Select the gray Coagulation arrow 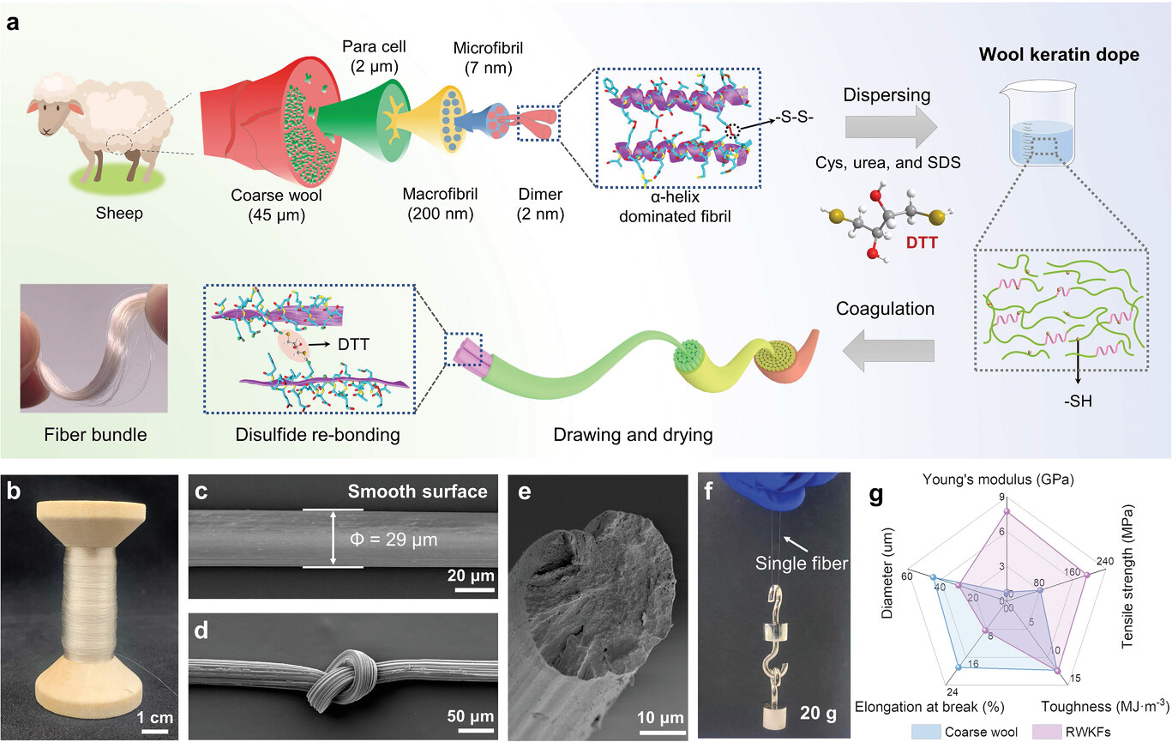pos(888,350)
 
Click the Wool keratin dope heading pos(1059,54)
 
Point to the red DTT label pos(922,243)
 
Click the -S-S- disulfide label pos(794,118)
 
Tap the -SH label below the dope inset pos(1078,401)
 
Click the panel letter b pos(14,492)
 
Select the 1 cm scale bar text pos(155,717)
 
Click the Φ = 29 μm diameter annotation pos(394,540)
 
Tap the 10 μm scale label pos(660,717)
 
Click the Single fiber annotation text pos(801,564)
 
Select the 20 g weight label pos(818,713)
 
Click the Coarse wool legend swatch pos(926,732)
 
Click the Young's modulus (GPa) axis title pos(998,480)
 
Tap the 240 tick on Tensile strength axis pos(1105,561)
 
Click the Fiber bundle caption pos(95,435)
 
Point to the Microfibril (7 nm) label pos(488,58)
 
